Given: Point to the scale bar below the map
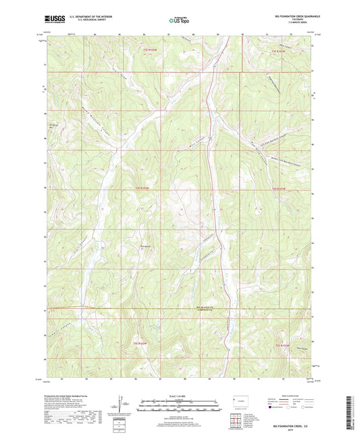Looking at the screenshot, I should point(180,405).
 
